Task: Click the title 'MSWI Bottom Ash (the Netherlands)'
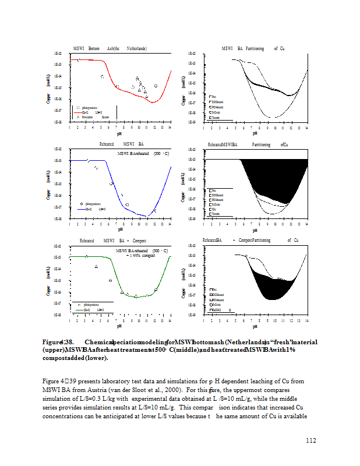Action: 110,48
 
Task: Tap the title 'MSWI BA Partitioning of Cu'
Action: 253,48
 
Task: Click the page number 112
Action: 310,440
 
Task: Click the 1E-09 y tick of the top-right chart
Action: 193,122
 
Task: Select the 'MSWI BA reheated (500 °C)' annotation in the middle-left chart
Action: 143,154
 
